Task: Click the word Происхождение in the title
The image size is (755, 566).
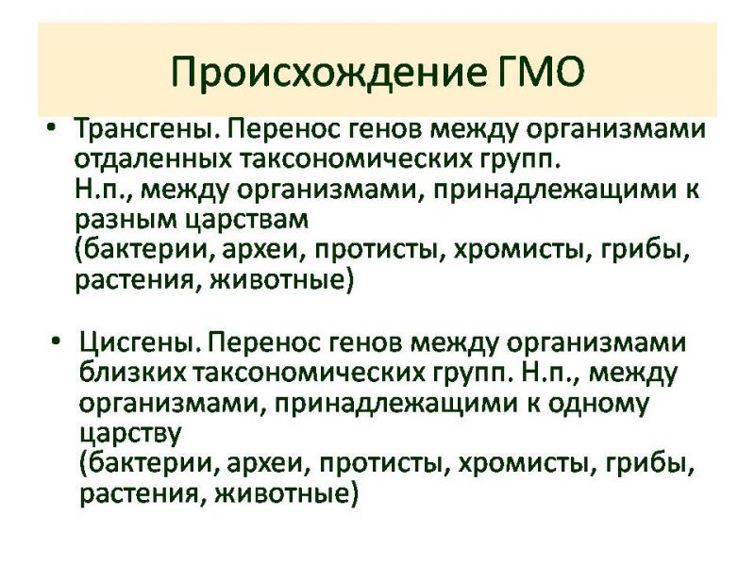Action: pos(328,73)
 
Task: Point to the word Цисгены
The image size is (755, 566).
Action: pos(140,343)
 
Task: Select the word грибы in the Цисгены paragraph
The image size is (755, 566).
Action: pos(650,464)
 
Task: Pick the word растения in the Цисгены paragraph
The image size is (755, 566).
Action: pos(139,494)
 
